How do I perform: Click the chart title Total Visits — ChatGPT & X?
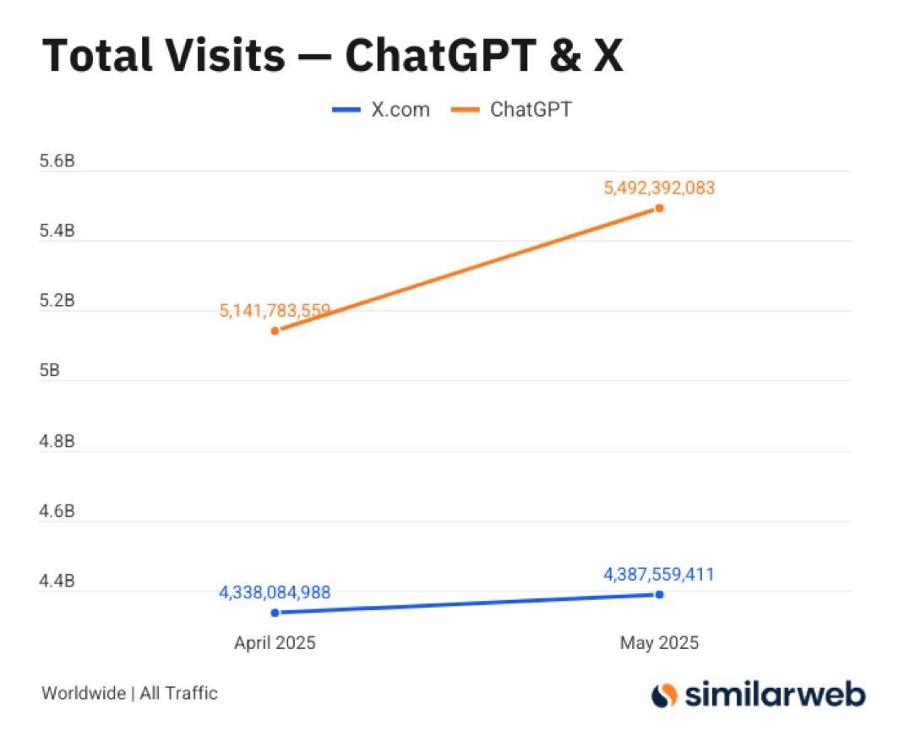332,56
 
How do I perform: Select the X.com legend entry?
381,110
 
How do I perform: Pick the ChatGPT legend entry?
517,110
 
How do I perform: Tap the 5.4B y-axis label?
57,231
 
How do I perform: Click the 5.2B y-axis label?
57,301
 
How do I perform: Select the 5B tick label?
50,371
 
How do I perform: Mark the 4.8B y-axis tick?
57,441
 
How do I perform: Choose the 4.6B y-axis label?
57,511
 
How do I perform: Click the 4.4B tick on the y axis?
57,581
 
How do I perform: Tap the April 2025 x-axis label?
275,643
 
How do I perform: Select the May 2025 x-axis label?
659,643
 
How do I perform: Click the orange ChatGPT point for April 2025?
275,330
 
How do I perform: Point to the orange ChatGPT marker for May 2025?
659,208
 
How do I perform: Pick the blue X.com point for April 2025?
275,613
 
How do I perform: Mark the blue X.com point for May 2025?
659,595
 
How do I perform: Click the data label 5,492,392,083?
659,188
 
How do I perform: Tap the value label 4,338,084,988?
275,592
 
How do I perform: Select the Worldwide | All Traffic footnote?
129,694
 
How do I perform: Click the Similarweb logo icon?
665,695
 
